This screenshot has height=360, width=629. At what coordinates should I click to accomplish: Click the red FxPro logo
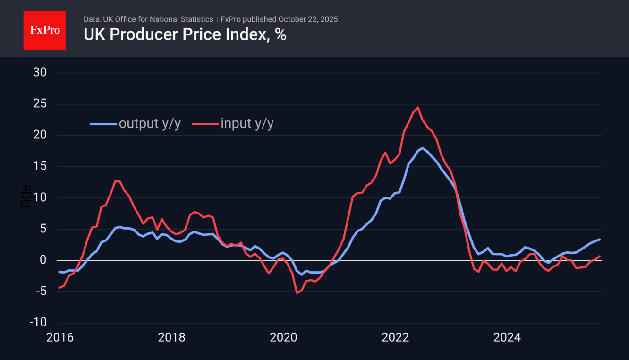tap(44, 30)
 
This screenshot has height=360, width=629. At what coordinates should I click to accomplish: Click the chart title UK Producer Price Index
tap(185, 35)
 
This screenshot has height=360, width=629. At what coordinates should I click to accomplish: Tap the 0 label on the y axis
tap(42, 260)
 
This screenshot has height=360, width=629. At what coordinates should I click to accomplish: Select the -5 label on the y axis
tap(40, 291)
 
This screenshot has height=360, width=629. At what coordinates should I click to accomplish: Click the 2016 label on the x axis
tap(59, 337)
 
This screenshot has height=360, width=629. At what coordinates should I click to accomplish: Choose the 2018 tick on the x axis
tap(171, 337)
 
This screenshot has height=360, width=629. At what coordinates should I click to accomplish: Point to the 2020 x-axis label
tap(283, 337)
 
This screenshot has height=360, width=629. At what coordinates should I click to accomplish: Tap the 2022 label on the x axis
tap(395, 337)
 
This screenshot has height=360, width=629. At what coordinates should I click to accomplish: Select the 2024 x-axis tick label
tap(507, 337)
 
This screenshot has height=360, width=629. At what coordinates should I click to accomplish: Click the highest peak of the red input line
tap(418, 108)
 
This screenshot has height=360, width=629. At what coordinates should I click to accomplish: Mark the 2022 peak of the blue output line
tap(423, 148)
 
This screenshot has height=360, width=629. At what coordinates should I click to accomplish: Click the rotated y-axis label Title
tap(26, 197)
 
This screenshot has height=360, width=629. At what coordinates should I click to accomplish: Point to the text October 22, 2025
tap(308, 19)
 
